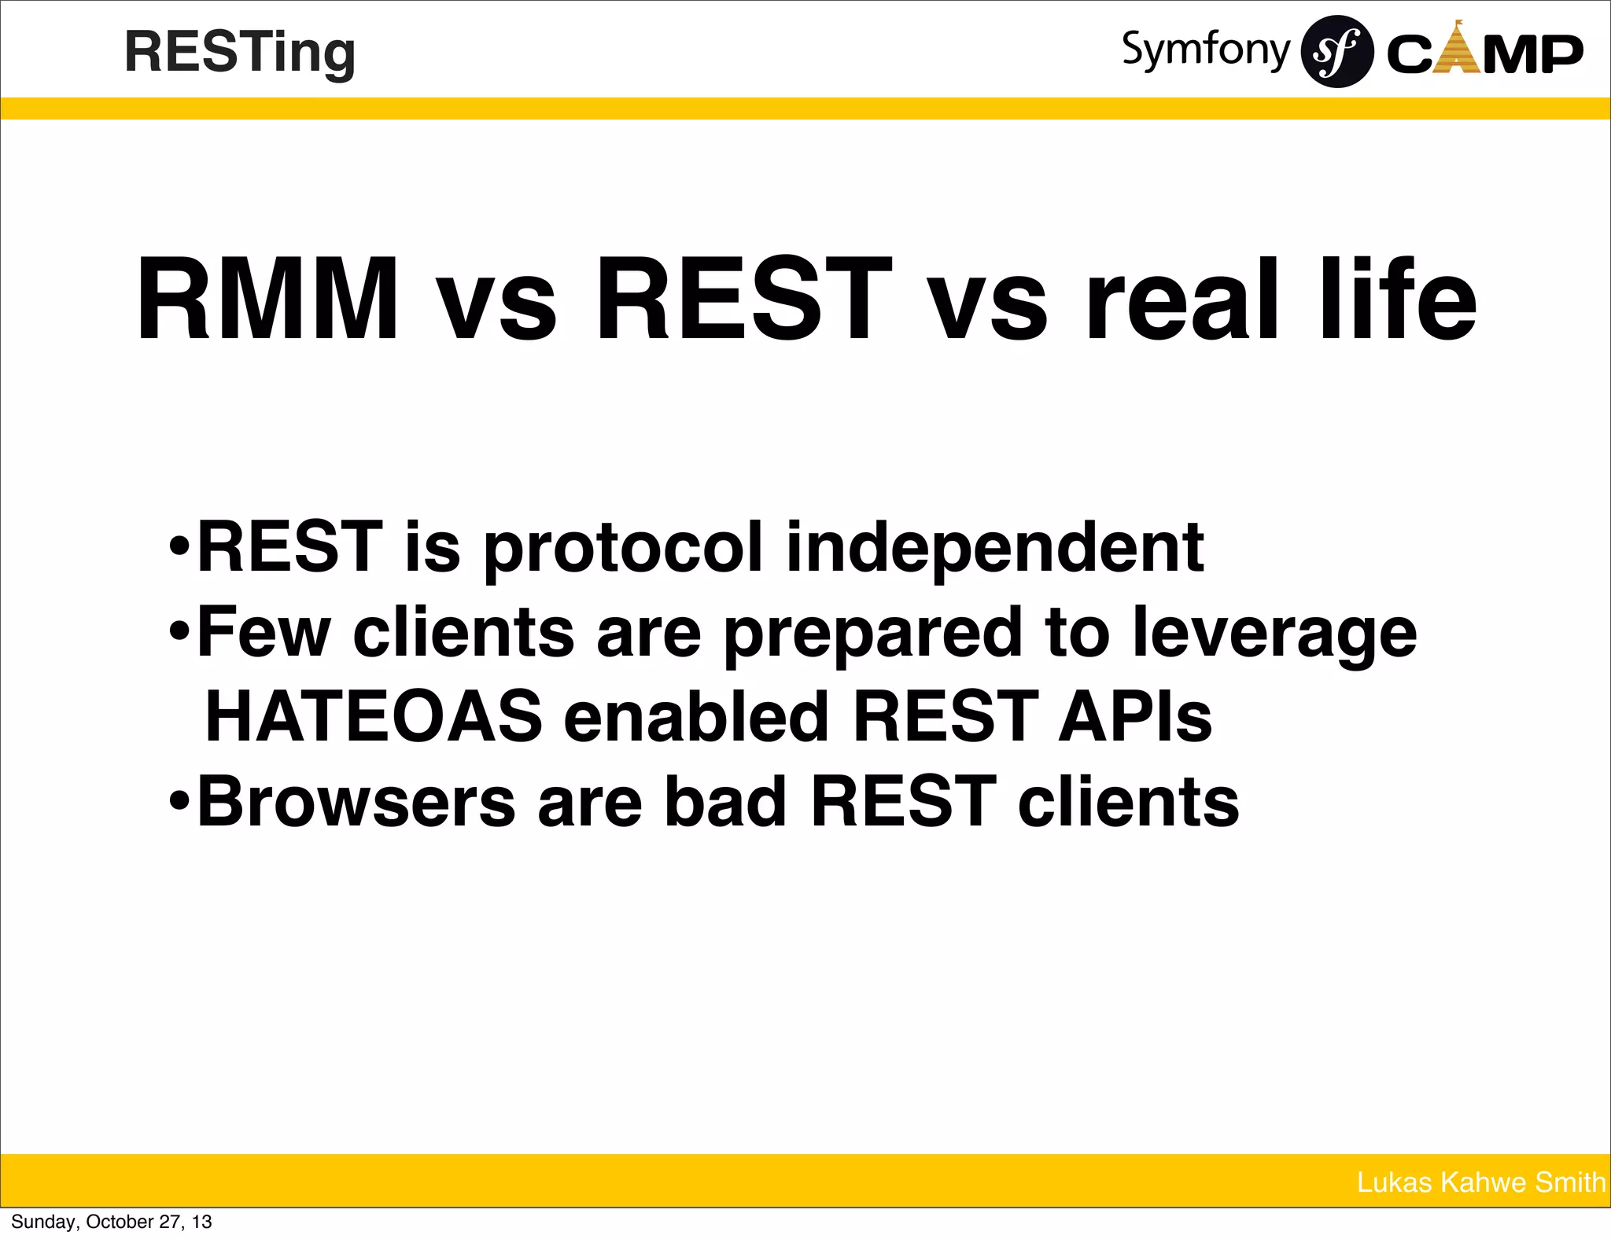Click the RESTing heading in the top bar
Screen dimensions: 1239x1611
[240, 53]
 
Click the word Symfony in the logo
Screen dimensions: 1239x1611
[1205, 50]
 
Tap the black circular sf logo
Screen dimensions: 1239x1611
[1337, 52]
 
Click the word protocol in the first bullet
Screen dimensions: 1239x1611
[622, 547]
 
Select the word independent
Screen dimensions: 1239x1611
[994, 547]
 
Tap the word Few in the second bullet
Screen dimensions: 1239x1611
[264, 632]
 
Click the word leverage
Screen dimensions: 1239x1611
[1274, 634]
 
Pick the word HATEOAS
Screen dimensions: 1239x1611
[374, 716]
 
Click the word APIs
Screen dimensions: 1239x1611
[1134, 716]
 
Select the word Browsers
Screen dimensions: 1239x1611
[356, 801]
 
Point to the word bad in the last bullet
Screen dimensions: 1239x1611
[725, 801]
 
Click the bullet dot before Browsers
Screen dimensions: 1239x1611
[180, 801]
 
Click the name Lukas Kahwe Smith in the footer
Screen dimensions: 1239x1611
[1480, 1182]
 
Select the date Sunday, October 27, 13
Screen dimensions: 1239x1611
[112, 1222]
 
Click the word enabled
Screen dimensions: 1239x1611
[696, 716]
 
